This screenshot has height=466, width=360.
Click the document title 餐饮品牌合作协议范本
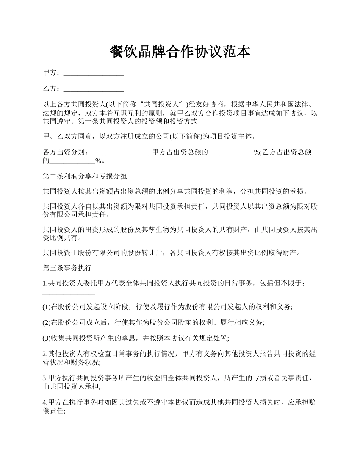(180, 52)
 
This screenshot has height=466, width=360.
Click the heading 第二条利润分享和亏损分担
(85, 176)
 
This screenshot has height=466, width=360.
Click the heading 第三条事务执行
(67, 268)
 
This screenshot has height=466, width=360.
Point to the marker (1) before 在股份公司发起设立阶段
(47, 307)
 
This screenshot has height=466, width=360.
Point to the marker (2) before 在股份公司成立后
(47, 322)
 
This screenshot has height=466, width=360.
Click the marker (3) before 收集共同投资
(47, 338)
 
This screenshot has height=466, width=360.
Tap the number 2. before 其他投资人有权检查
(45, 353)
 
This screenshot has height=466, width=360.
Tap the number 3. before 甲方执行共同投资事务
(45, 378)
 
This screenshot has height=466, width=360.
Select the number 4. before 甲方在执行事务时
(45, 402)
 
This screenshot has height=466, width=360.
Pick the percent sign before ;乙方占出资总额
(258, 152)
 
